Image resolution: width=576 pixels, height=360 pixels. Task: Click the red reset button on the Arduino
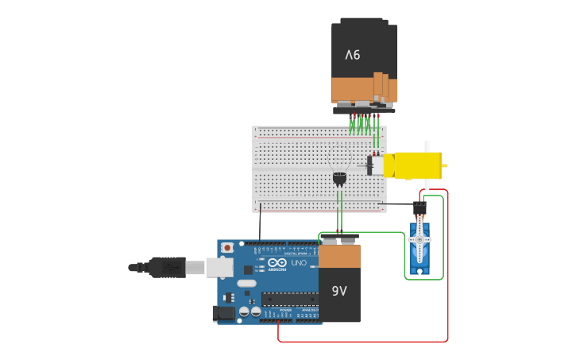[227, 248]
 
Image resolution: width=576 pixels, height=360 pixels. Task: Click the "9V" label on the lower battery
[339, 291]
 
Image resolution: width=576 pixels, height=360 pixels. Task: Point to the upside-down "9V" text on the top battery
[352, 55]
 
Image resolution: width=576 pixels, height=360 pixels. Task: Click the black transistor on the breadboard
[339, 179]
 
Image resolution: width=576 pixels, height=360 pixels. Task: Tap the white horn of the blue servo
[419, 239]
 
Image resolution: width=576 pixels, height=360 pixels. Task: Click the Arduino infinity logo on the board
[276, 263]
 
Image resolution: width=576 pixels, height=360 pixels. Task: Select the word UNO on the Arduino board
[298, 263]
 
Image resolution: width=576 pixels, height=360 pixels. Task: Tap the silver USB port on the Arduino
[220, 268]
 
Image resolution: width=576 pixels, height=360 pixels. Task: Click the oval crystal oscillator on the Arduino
[246, 283]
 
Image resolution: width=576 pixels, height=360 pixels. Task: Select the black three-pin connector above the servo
[419, 207]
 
